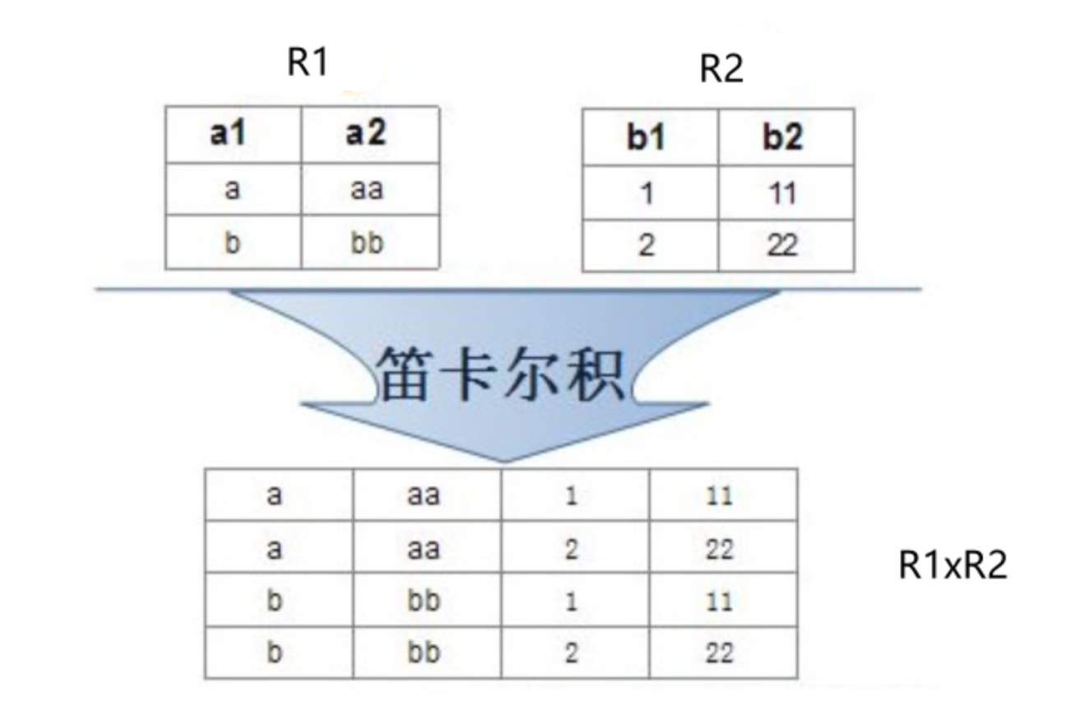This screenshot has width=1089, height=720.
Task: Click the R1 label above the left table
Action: click(308, 62)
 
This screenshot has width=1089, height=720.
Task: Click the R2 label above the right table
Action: click(721, 69)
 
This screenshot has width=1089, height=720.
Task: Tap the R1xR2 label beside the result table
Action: click(952, 565)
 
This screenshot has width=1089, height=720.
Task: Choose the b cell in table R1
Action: click(232, 243)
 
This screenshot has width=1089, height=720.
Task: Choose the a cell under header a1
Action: click(232, 189)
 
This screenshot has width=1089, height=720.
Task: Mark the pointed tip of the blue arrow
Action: click(503, 460)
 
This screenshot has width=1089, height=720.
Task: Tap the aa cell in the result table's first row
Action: click(424, 496)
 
